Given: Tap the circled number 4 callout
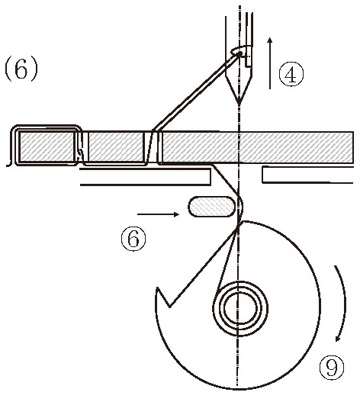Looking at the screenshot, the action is pos(291,74).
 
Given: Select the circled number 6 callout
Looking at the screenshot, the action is pos(133,239).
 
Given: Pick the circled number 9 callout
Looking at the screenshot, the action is pos(332,367).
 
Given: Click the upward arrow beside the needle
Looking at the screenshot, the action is pos(270,63).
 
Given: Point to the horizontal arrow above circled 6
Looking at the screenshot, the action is pos(158,214).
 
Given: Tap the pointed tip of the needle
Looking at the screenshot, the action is pos(239,103).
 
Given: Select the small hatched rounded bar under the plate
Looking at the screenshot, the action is pos(212,206).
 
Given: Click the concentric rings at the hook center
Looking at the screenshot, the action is pos(240,308).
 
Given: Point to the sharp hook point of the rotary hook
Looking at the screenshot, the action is pos(157,288).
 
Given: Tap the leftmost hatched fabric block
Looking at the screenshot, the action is pos(46,146).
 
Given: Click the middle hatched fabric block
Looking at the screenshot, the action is pos(115,146).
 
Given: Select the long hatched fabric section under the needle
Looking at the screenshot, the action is pos(257,147).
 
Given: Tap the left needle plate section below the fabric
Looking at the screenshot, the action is pos(146,177).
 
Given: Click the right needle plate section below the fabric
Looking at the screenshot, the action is pos(308,175).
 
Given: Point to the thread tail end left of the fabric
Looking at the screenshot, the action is pos(8,165).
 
